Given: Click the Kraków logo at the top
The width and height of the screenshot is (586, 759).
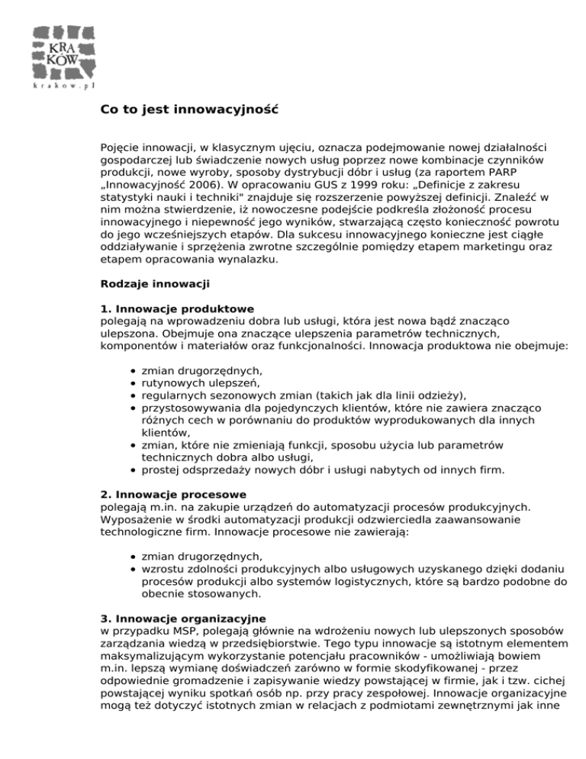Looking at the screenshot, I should pyautogui.click(x=63, y=50).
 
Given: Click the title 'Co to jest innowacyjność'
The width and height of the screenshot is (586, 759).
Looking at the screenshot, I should pyautogui.click(x=189, y=109).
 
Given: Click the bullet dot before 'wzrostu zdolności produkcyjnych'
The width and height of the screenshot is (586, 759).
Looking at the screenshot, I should pyautogui.click(x=134, y=568).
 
